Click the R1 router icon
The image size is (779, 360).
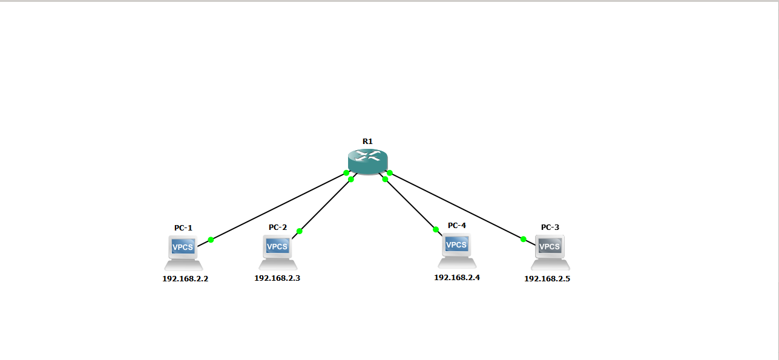tap(367, 162)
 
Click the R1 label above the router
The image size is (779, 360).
tap(367, 141)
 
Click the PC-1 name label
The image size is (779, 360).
tap(183, 228)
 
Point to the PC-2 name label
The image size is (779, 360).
tap(278, 227)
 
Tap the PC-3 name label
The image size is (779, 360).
tap(550, 227)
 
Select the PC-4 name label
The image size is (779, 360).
tap(457, 226)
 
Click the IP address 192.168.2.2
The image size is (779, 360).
tap(185, 279)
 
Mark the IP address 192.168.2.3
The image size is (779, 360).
tap(277, 278)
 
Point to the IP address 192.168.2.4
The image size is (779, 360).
tap(457, 277)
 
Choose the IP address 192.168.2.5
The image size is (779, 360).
tap(547, 279)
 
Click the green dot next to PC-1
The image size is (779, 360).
tap(211, 240)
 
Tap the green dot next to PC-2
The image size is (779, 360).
tap(299, 231)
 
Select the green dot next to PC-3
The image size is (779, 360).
tap(524, 239)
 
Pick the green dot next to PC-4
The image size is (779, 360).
tap(435, 229)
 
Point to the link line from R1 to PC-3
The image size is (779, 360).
tap(457, 206)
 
